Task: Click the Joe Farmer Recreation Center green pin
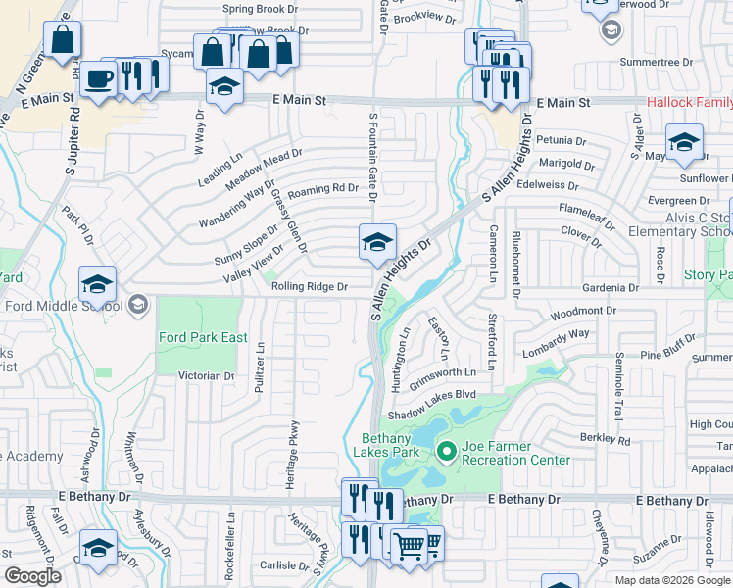click(447, 452)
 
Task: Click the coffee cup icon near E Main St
click(98, 78)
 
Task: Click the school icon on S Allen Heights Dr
click(376, 242)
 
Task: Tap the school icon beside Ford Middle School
click(98, 284)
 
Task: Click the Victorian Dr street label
click(206, 375)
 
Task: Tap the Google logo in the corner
click(32, 576)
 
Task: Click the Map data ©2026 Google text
click(671, 580)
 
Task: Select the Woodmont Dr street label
click(582, 314)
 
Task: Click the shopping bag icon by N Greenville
click(62, 41)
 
